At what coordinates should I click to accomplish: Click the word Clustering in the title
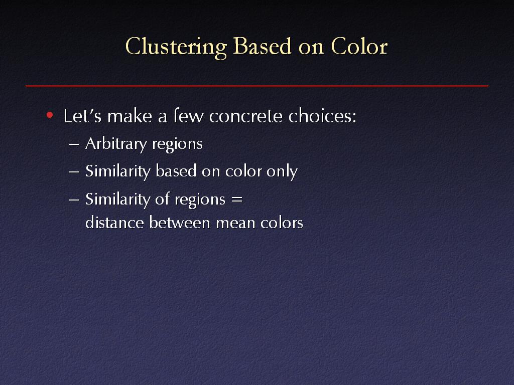[176, 47]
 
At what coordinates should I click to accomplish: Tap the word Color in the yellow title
[359, 46]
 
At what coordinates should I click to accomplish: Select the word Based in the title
[262, 46]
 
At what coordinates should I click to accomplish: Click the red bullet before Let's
[50, 115]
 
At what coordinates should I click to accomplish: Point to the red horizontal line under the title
[257, 86]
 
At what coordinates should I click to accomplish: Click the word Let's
[82, 116]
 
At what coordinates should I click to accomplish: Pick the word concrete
[246, 116]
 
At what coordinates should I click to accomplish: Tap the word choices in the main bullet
[322, 116]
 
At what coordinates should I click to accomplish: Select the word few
[188, 116]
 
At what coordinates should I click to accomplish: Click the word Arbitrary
[116, 144]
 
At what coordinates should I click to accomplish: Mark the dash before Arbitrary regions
[74, 144]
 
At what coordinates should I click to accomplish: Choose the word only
[282, 171]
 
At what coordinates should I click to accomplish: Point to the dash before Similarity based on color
[74, 171]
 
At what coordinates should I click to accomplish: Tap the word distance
[114, 223]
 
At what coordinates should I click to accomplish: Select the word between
[180, 223]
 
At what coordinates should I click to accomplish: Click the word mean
[235, 224]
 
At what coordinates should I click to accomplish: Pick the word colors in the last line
[282, 223]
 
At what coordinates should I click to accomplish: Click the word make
[130, 116]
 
